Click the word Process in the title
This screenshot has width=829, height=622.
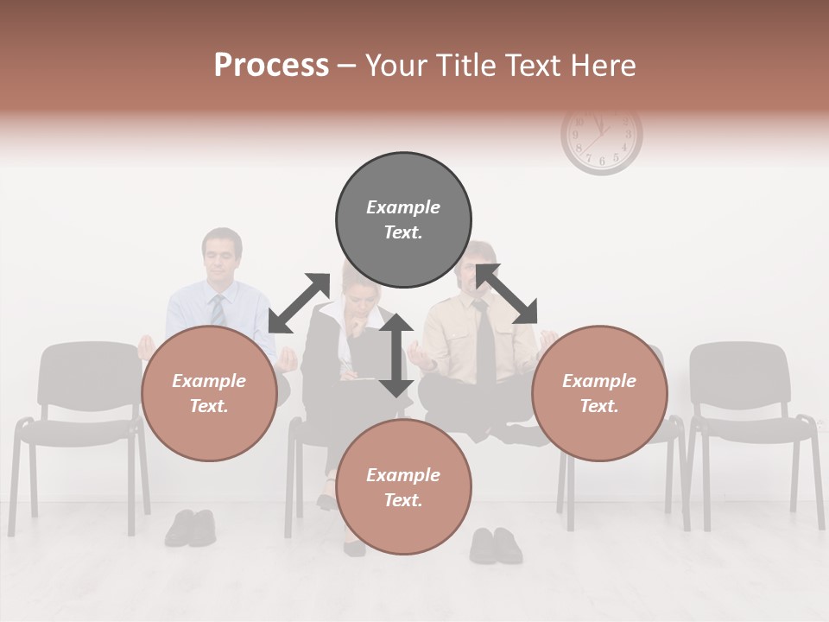point(271,65)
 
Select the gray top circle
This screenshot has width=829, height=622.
point(403,219)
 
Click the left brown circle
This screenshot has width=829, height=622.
point(209,393)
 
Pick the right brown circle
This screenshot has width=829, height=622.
point(599,393)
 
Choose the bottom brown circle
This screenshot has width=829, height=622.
point(403,487)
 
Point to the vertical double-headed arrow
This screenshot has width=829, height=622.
point(396,355)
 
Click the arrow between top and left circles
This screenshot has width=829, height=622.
point(299,303)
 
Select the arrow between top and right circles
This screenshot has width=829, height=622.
point(506,294)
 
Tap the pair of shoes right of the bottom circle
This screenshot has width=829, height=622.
point(496,545)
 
